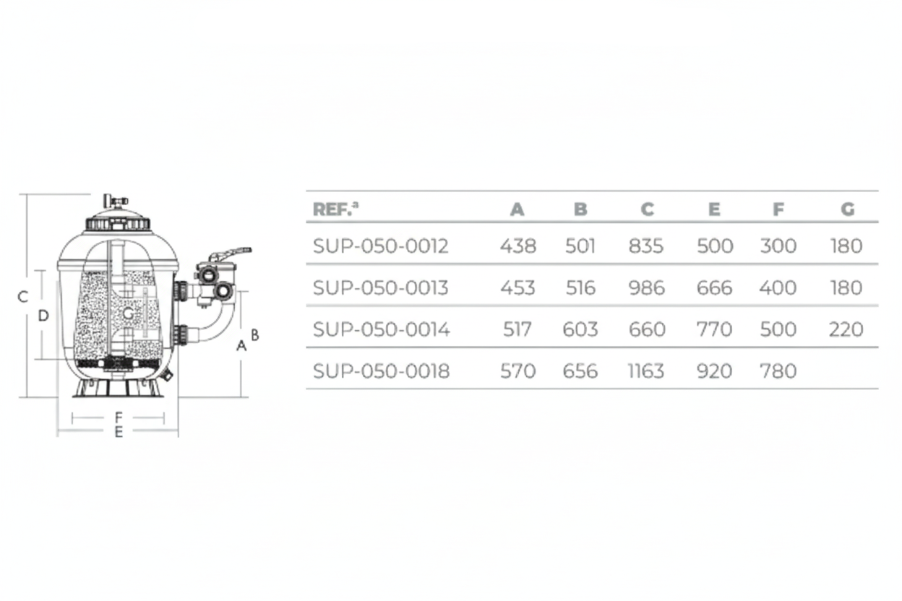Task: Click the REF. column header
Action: point(335,209)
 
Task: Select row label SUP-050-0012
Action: point(380,246)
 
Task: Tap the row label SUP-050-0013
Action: point(380,287)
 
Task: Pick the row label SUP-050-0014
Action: point(382,329)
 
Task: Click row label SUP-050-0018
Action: point(381,371)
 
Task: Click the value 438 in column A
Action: point(517,246)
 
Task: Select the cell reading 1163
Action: point(646,371)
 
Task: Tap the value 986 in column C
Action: point(646,287)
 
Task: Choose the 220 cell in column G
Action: point(846,329)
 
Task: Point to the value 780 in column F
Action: point(778,371)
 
